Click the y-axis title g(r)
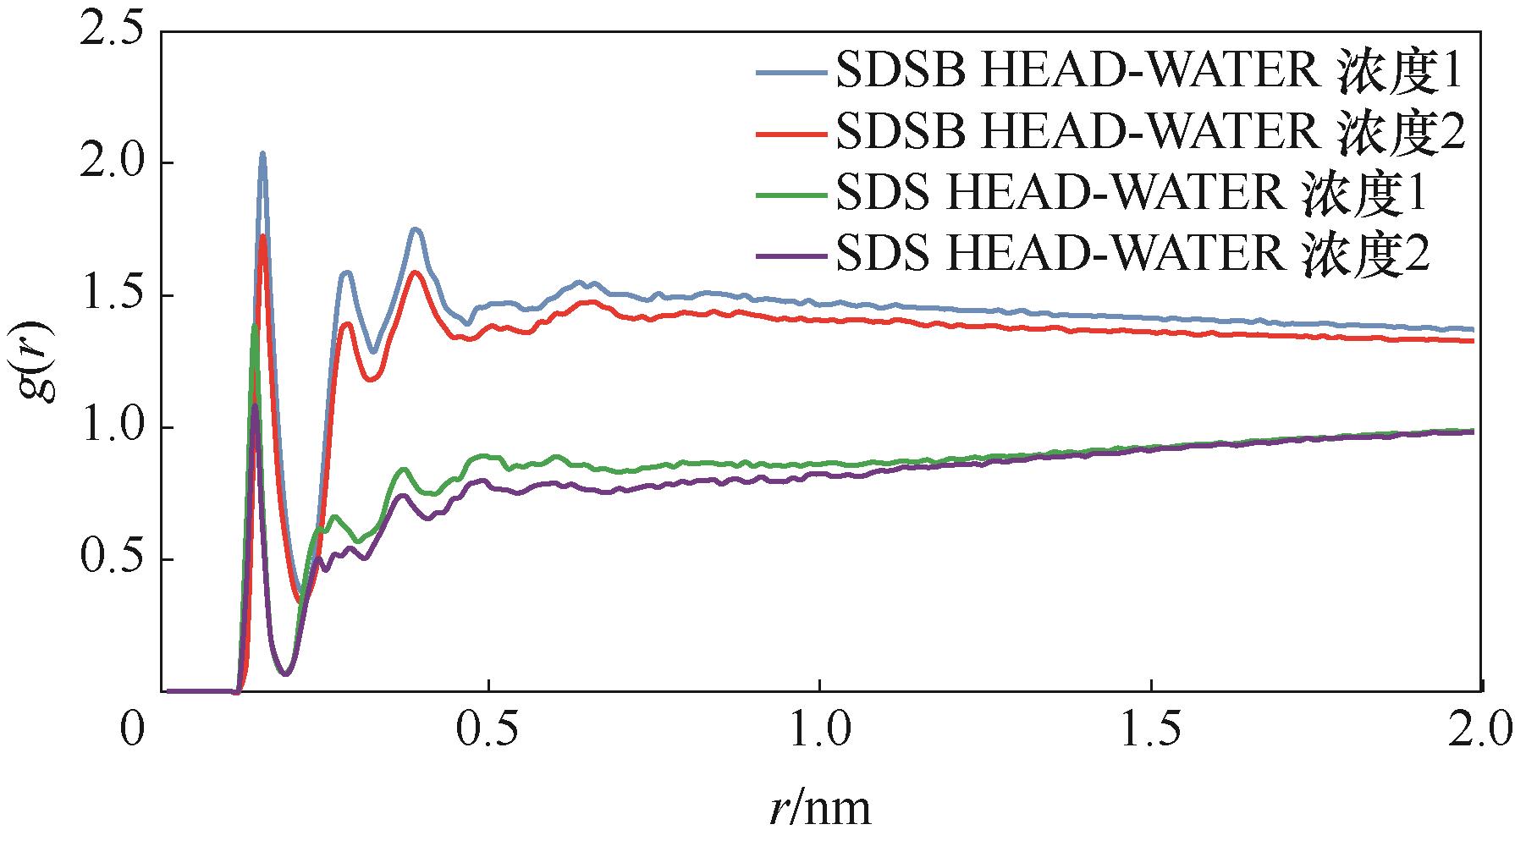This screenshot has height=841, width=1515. [x=38, y=361]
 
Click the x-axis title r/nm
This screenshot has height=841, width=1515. [x=820, y=808]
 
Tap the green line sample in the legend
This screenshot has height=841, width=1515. [x=791, y=194]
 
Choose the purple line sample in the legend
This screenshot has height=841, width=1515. [x=791, y=253]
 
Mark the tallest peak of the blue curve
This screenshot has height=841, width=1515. [x=262, y=154]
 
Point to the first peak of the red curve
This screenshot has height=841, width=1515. [x=264, y=236]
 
